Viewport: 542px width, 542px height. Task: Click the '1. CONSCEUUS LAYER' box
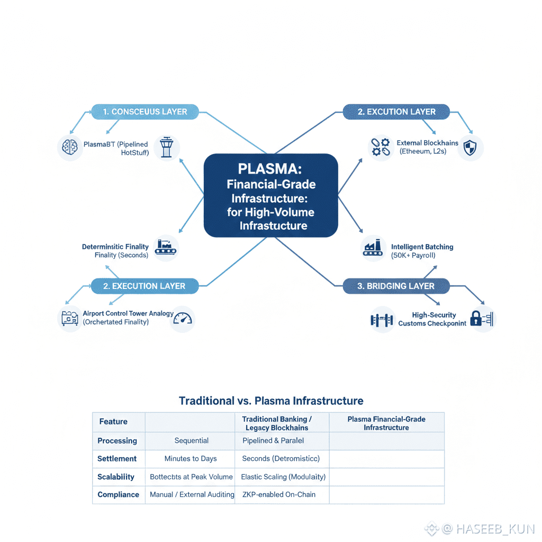[145, 112]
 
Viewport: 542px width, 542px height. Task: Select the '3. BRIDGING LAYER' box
[396, 286]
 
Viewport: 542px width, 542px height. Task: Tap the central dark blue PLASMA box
[270, 195]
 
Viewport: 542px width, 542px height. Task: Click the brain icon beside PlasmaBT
[70, 147]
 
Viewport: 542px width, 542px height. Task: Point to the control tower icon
[167, 147]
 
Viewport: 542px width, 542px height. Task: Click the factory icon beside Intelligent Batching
[373, 248]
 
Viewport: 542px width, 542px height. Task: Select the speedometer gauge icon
[183, 319]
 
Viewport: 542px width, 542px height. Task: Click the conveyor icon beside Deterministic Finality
[166, 248]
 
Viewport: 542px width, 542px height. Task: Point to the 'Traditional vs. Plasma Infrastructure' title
[271, 401]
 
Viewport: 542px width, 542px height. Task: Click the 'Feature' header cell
[113, 422]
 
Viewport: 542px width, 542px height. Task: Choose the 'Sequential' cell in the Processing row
[191, 441]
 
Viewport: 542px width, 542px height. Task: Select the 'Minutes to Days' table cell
[191, 459]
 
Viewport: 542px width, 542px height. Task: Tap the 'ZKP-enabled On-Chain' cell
[279, 495]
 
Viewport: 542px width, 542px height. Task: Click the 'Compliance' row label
[119, 495]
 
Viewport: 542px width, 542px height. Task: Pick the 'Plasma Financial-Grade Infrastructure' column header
[386, 423]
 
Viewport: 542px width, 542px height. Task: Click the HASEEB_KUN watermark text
[494, 529]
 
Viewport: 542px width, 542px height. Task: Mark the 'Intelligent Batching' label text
[422, 247]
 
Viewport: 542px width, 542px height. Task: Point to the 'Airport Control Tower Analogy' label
[128, 313]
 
